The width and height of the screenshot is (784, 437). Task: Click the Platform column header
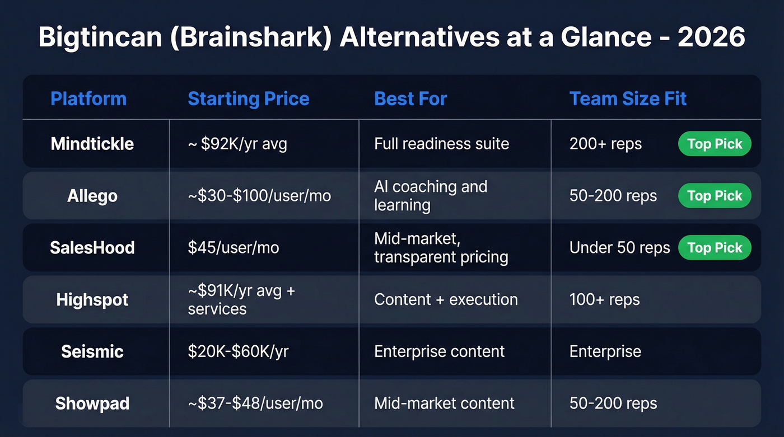coord(88,99)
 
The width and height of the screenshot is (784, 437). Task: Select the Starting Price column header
coord(248,99)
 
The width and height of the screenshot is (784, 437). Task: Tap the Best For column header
coord(410,99)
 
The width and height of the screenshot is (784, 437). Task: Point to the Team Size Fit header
coord(628,99)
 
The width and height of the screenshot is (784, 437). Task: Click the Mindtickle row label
coord(92,144)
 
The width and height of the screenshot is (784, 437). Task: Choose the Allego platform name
coord(92,196)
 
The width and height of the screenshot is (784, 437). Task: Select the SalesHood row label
coord(92,248)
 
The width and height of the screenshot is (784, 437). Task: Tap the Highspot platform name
coord(92,300)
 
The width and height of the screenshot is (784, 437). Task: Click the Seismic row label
coord(92,351)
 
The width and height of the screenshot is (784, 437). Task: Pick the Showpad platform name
coord(92,403)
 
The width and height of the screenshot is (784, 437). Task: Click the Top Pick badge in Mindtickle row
coord(715,144)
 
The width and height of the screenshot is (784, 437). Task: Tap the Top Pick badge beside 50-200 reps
coord(715,196)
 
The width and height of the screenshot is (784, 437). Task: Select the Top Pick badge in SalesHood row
coord(715,248)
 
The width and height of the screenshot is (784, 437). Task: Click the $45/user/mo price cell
coord(233,248)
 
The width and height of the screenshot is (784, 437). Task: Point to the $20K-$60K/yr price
coord(238,351)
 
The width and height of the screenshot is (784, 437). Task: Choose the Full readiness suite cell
coord(441,144)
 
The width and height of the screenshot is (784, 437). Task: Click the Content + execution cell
coord(446,300)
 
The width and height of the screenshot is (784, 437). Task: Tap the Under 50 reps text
coord(619,248)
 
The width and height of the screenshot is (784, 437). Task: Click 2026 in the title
coord(711,38)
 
